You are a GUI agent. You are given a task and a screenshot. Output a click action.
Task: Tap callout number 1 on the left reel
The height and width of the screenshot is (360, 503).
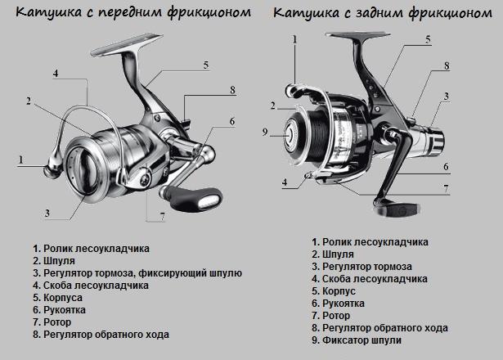click(x=19, y=157)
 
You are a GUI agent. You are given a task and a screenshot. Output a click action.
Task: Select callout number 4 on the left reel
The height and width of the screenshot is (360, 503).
click(x=55, y=73)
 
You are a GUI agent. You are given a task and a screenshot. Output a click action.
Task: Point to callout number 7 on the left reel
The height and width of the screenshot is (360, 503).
click(x=163, y=217)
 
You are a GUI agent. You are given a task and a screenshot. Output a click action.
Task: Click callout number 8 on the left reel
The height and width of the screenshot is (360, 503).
click(x=232, y=89)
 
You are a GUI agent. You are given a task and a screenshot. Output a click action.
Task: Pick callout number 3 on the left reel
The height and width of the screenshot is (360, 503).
click(x=48, y=214)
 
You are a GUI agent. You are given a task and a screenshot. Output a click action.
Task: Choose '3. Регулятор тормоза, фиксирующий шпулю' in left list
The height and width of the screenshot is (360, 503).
click(x=137, y=272)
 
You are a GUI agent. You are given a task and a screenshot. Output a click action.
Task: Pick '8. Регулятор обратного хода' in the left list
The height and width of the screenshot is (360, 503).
click(x=101, y=335)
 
